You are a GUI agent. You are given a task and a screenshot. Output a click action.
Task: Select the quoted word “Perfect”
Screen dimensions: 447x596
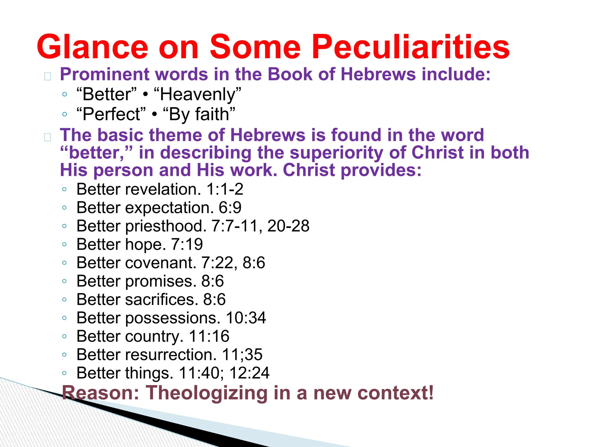(x=111, y=114)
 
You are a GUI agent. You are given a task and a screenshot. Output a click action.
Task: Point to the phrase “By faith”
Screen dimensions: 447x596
(x=199, y=114)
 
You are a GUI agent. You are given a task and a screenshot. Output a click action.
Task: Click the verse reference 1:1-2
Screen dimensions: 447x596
(x=225, y=189)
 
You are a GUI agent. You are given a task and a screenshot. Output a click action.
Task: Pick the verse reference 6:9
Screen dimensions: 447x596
(x=230, y=208)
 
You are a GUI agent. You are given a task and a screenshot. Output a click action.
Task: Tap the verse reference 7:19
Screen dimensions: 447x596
(x=187, y=244)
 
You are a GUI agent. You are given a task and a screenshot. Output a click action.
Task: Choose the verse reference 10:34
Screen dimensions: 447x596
(x=246, y=318)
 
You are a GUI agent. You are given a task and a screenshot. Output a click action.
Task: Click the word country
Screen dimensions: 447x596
(x=155, y=336)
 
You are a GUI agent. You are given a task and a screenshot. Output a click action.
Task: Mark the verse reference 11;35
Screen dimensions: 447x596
(x=242, y=355)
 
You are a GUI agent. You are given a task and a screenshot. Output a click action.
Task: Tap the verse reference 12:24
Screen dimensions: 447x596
(x=249, y=373)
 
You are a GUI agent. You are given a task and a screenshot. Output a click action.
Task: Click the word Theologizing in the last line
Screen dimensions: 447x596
(x=207, y=393)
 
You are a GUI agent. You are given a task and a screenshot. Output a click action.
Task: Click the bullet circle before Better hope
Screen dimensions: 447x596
(x=65, y=244)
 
